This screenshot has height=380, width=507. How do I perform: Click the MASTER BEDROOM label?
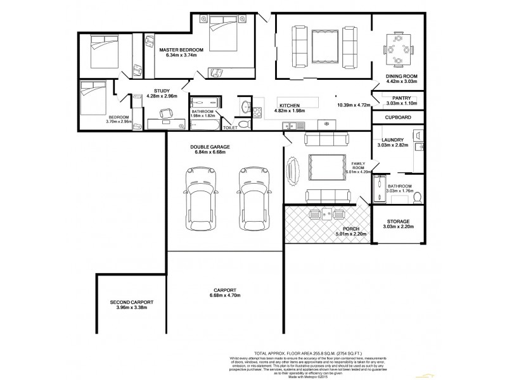click(181, 49)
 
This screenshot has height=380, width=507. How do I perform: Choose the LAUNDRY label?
click(392, 140)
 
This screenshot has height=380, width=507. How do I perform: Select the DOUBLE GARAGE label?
click(209, 146)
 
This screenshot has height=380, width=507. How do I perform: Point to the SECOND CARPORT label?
click(131, 303)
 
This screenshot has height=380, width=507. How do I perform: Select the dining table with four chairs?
click(398, 46)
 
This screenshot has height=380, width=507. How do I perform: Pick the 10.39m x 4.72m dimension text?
click(352, 105)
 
